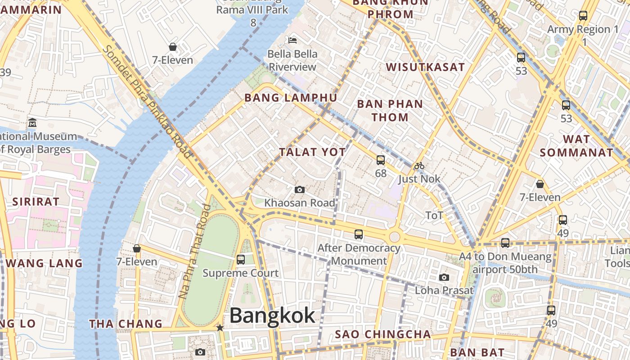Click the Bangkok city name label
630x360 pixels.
(x=272, y=315)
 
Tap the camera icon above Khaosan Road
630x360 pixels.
(x=299, y=190)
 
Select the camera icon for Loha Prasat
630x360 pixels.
(x=444, y=277)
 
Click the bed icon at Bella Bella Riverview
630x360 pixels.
(x=292, y=40)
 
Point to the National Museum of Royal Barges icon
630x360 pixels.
(x=32, y=122)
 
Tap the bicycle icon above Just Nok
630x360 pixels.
(x=419, y=166)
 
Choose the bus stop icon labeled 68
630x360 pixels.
(x=381, y=160)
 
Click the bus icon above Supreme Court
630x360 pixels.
(x=241, y=260)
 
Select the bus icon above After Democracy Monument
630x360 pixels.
(x=359, y=234)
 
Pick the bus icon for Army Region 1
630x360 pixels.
(x=583, y=16)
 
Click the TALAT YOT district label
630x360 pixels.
(x=313, y=152)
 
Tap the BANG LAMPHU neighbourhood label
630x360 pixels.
(x=291, y=98)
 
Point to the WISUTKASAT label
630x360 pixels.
(x=425, y=67)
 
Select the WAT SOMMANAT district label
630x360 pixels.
(x=576, y=146)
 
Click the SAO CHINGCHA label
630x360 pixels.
(x=383, y=334)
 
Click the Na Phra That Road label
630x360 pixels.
(x=195, y=251)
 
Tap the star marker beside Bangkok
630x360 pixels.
(x=220, y=328)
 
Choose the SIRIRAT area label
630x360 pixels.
(x=36, y=202)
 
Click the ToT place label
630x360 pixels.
(x=434, y=216)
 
